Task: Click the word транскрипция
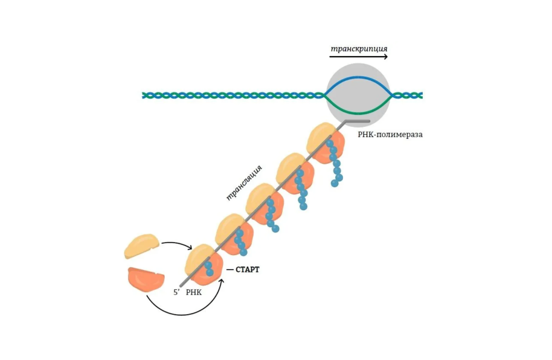(x=359, y=48)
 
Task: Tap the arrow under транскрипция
(x=358, y=57)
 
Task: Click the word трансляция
(x=244, y=182)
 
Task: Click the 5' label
(x=177, y=292)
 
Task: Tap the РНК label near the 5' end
(x=194, y=292)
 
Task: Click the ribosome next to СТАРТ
(x=202, y=263)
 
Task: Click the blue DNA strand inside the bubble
(x=358, y=78)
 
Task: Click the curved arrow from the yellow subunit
(x=176, y=244)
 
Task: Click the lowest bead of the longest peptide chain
(x=334, y=183)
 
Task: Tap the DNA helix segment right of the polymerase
(x=408, y=95)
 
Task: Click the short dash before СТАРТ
(x=229, y=269)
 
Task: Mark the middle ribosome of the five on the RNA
(x=263, y=203)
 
